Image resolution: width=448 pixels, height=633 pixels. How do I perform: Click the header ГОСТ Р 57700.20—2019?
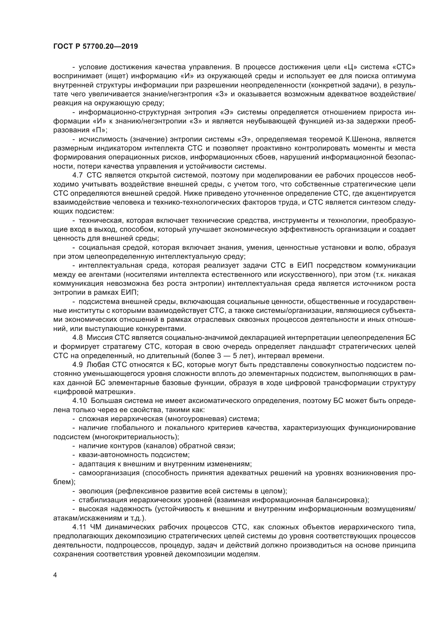[x=95, y=47]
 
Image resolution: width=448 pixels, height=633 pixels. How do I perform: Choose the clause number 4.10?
[x=79, y=401]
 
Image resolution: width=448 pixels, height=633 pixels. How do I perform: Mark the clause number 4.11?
[x=79, y=527]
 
